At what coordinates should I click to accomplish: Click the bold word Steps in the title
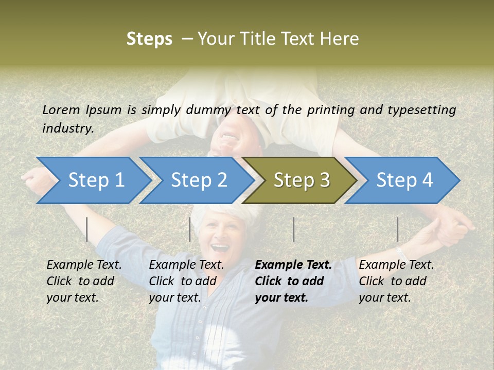(x=149, y=39)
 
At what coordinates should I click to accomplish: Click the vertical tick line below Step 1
(x=87, y=229)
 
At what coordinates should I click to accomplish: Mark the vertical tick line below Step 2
(x=190, y=229)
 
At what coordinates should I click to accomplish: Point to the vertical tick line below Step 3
(x=293, y=229)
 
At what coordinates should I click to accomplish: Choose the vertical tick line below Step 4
(x=398, y=229)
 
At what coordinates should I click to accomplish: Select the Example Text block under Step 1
(x=84, y=281)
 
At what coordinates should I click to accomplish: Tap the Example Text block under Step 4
(x=396, y=281)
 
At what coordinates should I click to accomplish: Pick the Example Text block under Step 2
(x=186, y=281)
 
